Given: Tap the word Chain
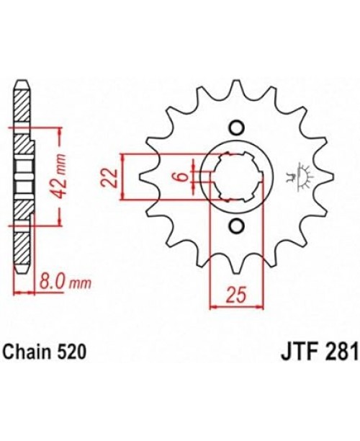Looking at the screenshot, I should coord(29,353).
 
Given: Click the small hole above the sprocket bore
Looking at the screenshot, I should coord(234,128).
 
